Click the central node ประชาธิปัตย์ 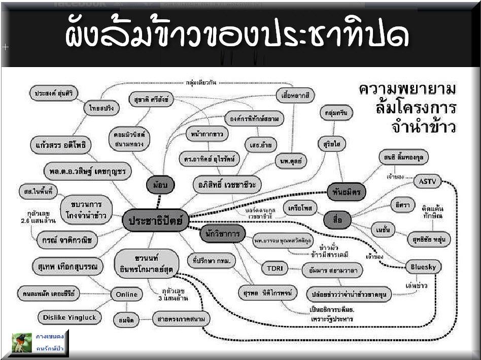pos(155,221)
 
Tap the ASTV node pos(427,181)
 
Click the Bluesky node pos(423,266)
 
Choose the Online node pos(126,294)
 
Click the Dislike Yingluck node pos(70,318)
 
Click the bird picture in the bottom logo pos(22,343)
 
